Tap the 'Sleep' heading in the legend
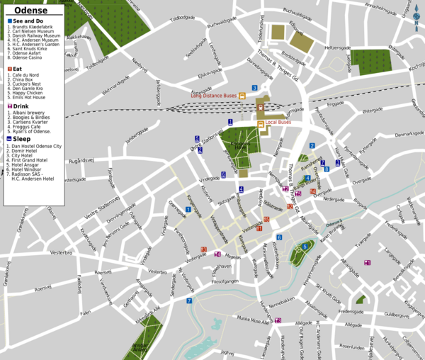[x=21, y=139]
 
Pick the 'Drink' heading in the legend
[x=22, y=106]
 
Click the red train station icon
[x=260, y=108]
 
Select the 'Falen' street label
[x=85, y=312]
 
